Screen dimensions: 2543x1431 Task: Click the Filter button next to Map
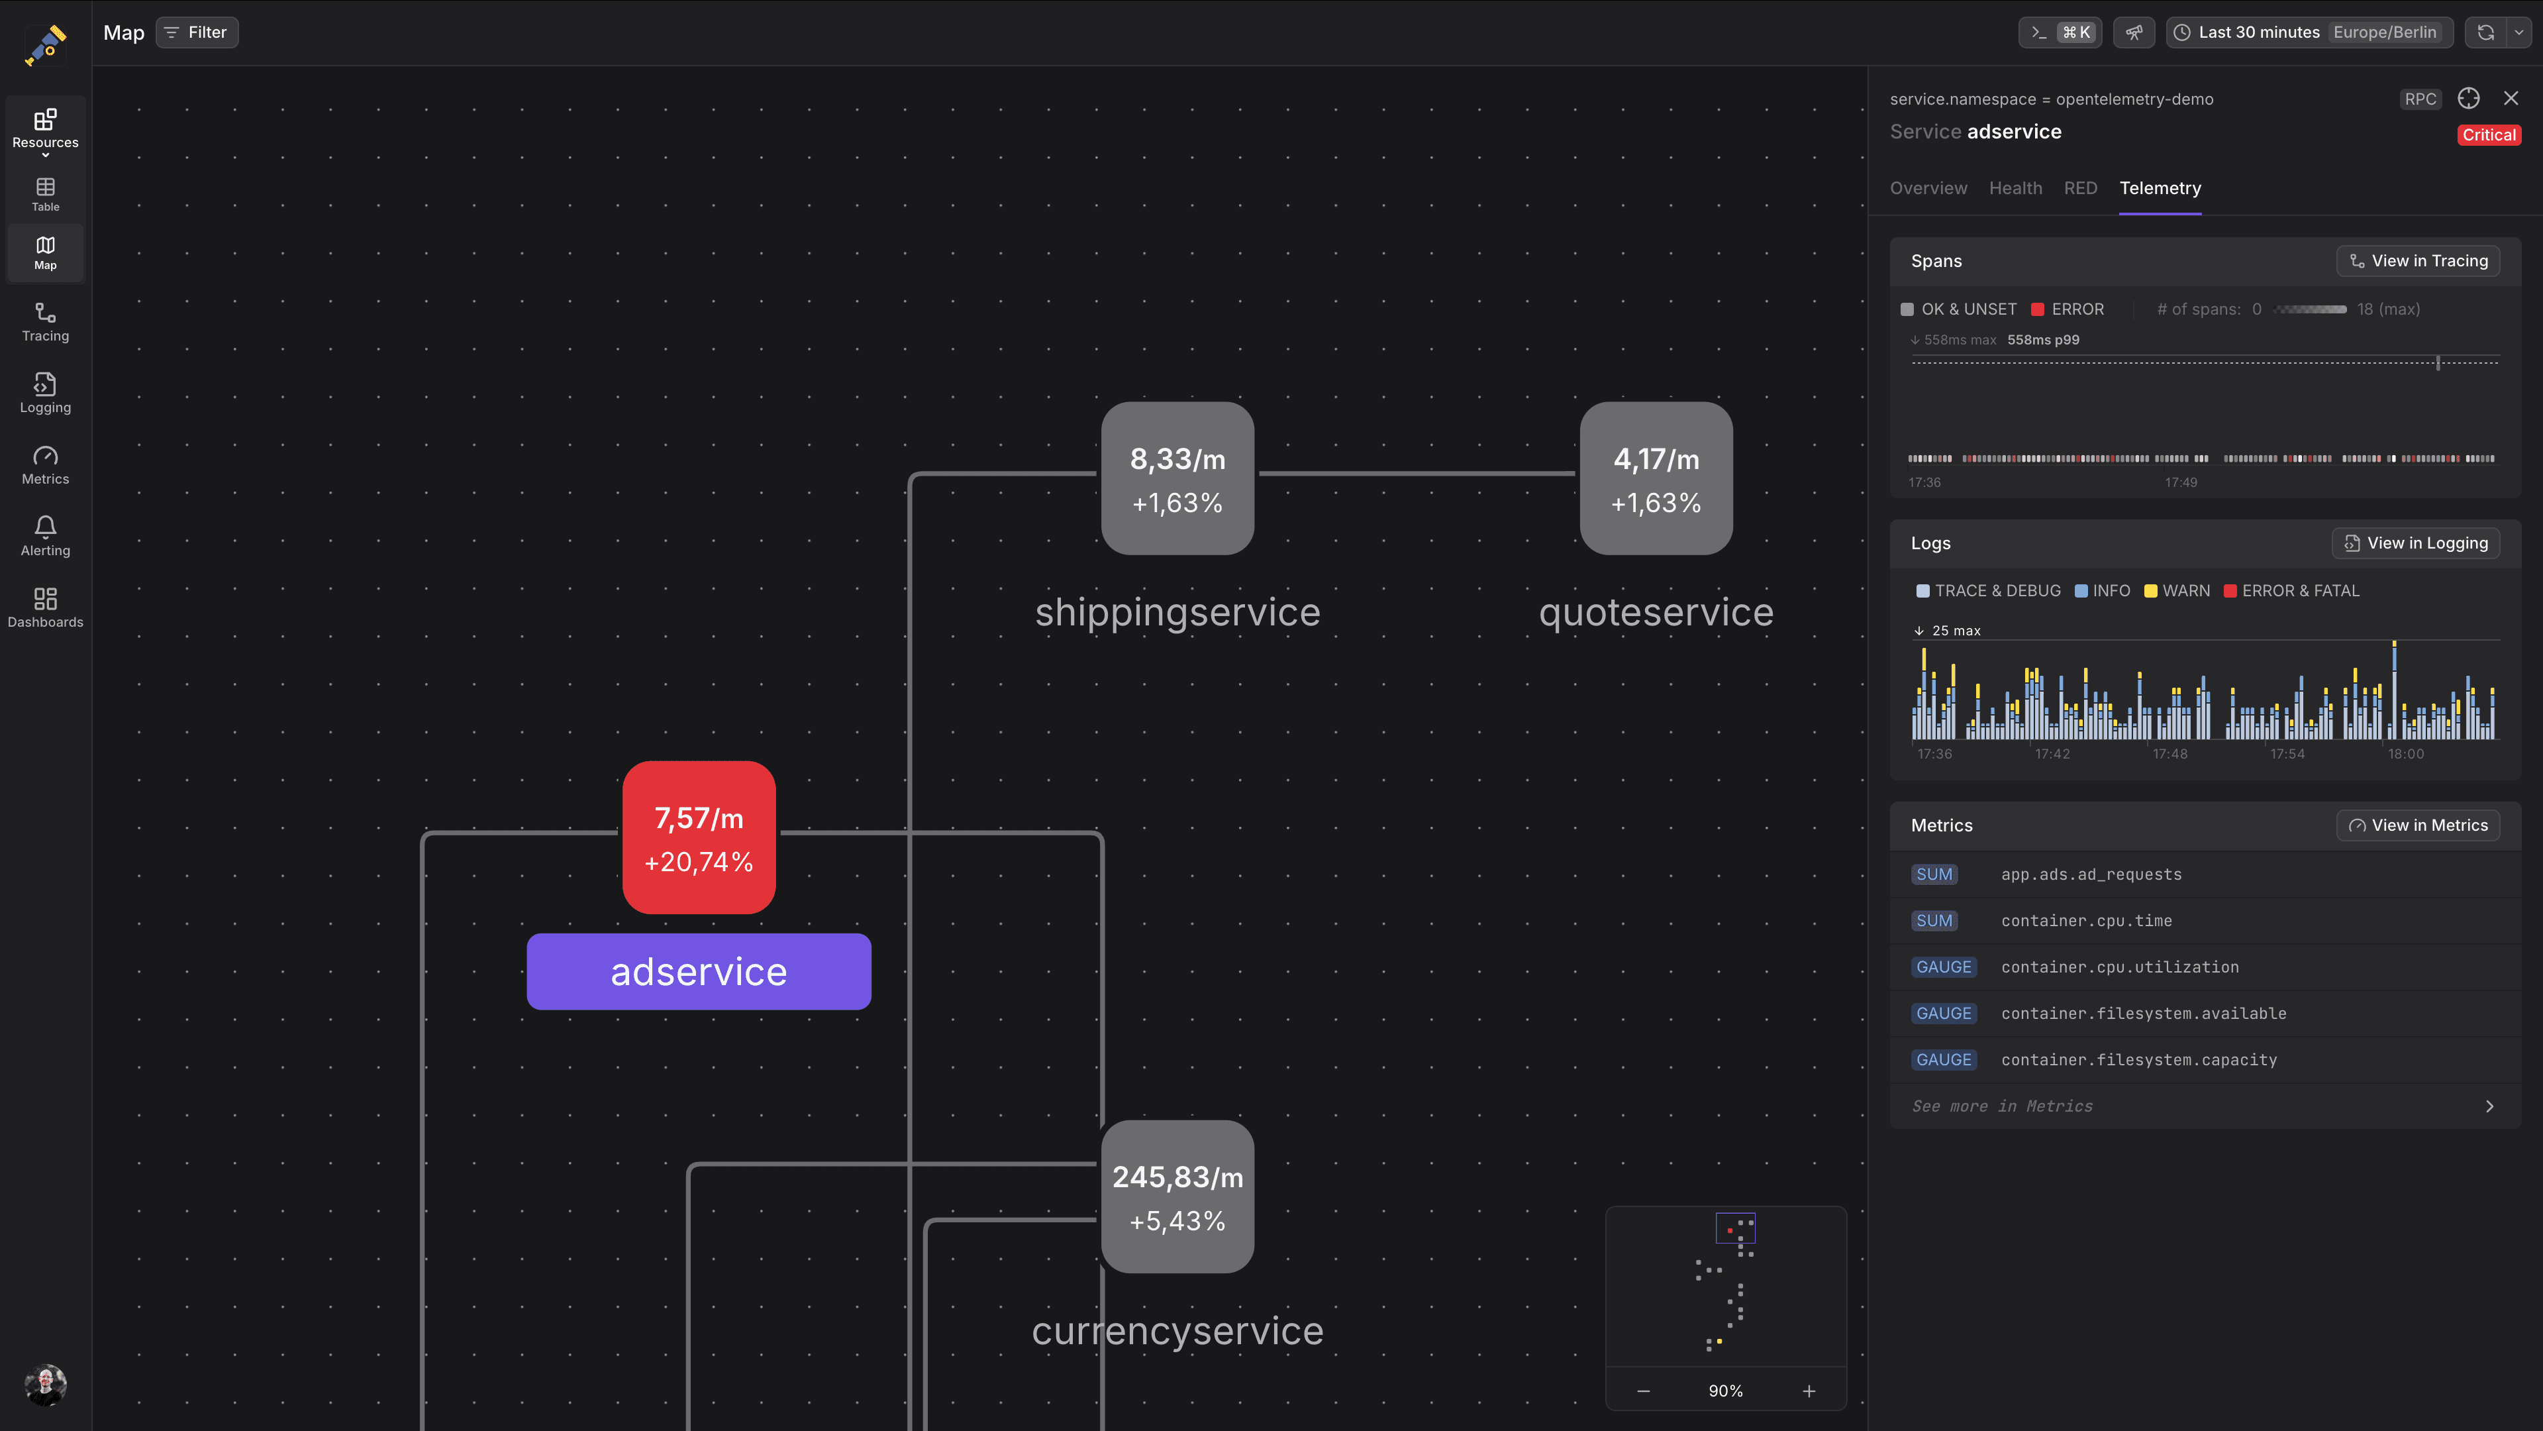coord(197,32)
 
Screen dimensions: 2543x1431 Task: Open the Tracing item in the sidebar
coord(46,322)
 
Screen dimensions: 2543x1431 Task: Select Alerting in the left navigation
coord(46,536)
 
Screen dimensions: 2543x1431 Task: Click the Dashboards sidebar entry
coord(46,608)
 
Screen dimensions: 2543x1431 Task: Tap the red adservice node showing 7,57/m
coord(699,837)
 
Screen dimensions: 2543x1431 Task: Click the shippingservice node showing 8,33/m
coord(1177,478)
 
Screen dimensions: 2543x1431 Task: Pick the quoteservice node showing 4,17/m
coord(1656,478)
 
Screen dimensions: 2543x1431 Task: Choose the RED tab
coord(2081,187)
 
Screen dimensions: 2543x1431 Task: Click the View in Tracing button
coord(2418,261)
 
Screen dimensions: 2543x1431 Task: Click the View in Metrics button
coord(2418,825)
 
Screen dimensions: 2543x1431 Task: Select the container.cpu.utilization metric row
coord(2205,967)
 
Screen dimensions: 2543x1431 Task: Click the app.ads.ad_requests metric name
coord(2091,874)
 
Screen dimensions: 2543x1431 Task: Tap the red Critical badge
coord(2489,135)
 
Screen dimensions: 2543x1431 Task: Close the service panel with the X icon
coord(2511,98)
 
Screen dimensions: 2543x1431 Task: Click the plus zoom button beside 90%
coord(1809,1391)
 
